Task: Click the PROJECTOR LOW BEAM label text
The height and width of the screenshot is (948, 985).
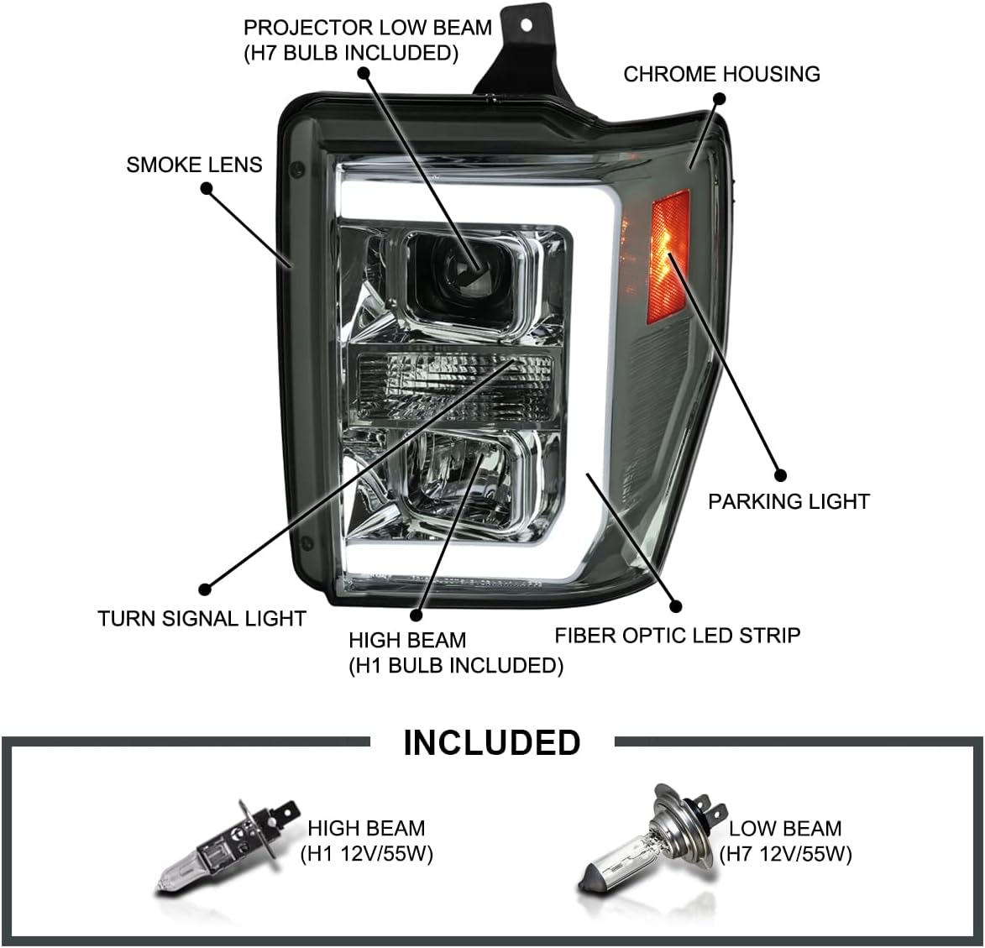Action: pyautogui.click(x=368, y=28)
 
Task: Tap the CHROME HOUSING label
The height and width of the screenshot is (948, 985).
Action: pyautogui.click(x=721, y=74)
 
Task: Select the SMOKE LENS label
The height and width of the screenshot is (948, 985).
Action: pyautogui.click(x=194, y=165)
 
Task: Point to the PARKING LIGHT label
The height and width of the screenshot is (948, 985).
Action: pyautogui.click(x=789, y=501)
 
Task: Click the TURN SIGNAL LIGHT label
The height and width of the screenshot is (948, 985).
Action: pyautogui.click(x=202, y=619)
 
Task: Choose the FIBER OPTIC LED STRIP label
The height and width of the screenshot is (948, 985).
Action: pyautogui.click(x=677, y=635)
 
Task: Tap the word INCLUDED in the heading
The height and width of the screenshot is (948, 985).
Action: pyautogui.click(x=491, y=743)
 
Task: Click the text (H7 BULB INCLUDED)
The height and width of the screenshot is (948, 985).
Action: pyautogui.click(x=351, y=53)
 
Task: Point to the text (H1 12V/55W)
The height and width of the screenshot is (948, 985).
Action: pyautogui.click(x=366, y=854)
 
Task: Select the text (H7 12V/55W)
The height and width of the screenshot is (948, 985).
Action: pyautogui.click(x=785, y=854)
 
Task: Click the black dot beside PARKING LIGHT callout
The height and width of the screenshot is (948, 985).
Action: pyautogui.click(x=778, y=474)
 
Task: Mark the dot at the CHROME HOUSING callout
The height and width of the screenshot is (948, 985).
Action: pyautogui.click(x=718, y=99)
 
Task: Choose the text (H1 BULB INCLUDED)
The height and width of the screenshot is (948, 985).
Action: pyautogui.click(x=456, y=665)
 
